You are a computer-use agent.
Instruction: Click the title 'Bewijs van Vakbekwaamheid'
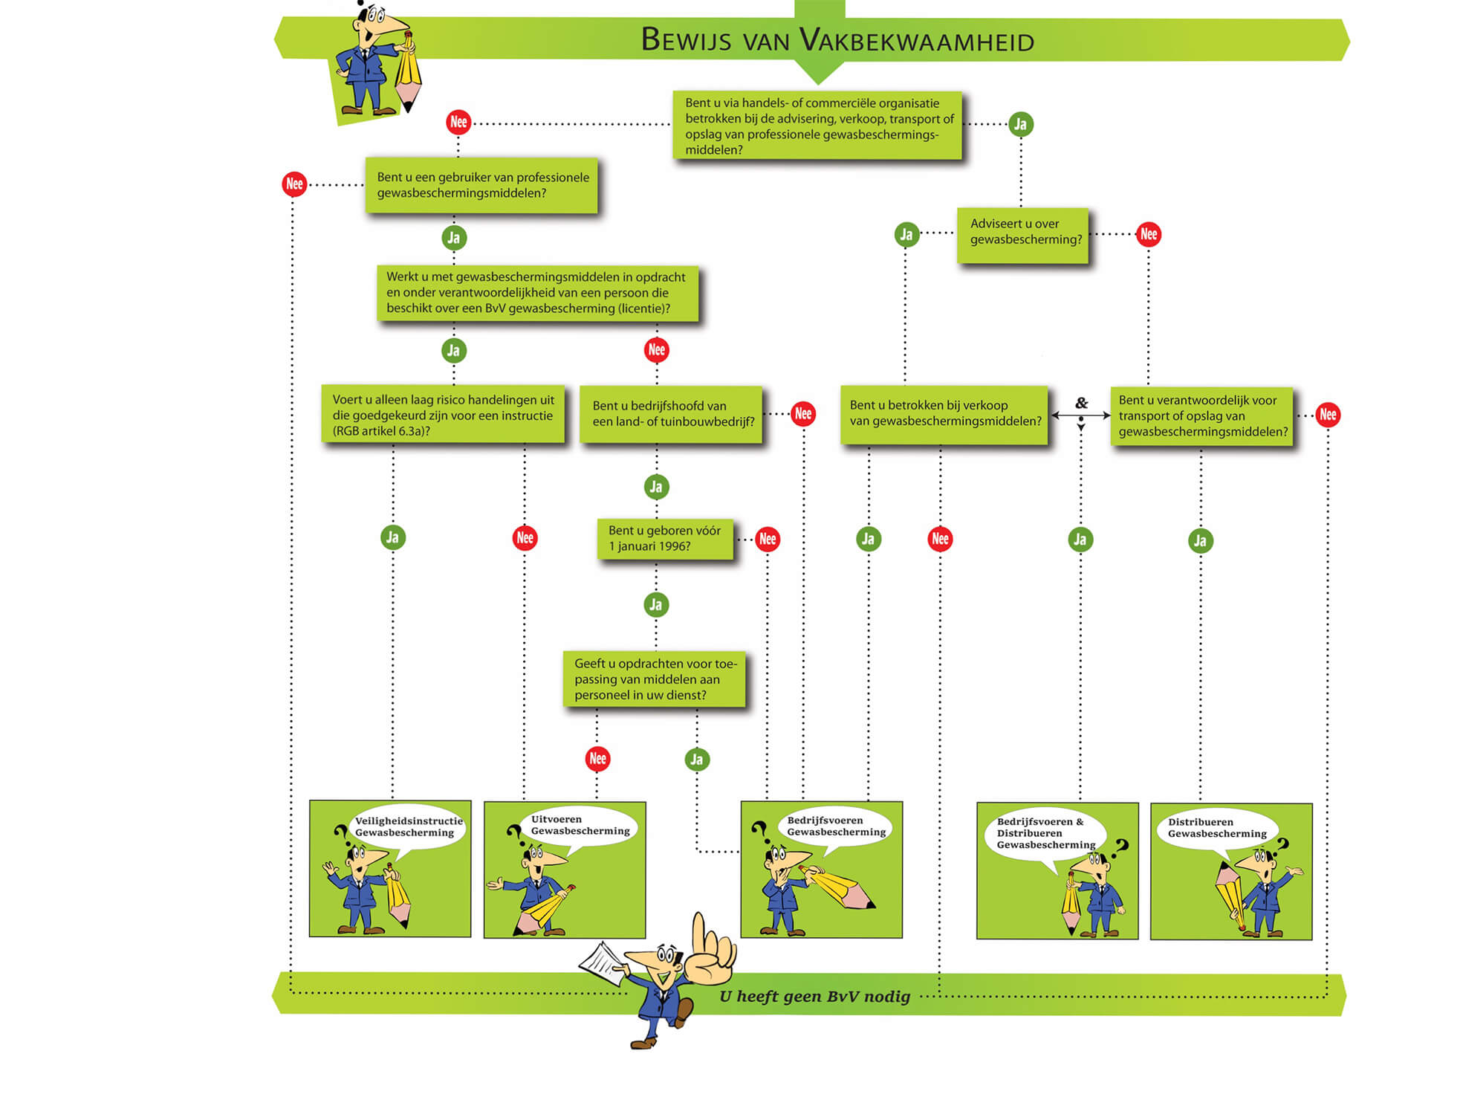tap(837, 40)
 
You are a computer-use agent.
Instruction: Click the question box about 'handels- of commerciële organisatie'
tap(817, 126)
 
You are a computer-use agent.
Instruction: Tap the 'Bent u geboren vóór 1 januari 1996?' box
tap(665, 538)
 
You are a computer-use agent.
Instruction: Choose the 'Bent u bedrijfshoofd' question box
tap(671, 414)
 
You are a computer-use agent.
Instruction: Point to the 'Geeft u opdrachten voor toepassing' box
tap(655, 679)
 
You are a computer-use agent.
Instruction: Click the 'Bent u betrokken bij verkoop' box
tap(944, 413)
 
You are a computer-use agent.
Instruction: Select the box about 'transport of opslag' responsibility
tap(1201, 415)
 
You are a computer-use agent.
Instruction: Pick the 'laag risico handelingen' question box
tap(443, 415)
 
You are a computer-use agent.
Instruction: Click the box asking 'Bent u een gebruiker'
tap(481, 185)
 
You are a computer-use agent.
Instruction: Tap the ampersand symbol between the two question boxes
tap(1081, 403)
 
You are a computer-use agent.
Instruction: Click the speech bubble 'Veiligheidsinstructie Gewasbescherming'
tap(407, 826)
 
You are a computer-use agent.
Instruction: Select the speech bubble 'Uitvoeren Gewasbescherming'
tap(580, 825)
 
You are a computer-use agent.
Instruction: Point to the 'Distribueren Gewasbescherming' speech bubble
tap(1216, 828)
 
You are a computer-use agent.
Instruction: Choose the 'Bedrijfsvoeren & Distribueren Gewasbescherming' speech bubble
tap(1044, 833)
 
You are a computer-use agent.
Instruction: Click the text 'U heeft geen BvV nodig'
tap(814, 997)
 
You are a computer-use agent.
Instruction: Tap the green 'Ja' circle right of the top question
tap(1020, 124)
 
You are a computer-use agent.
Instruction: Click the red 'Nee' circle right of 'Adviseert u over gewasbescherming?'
tap(1148, 234)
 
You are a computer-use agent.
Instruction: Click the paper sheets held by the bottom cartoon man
tap(601, 963)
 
